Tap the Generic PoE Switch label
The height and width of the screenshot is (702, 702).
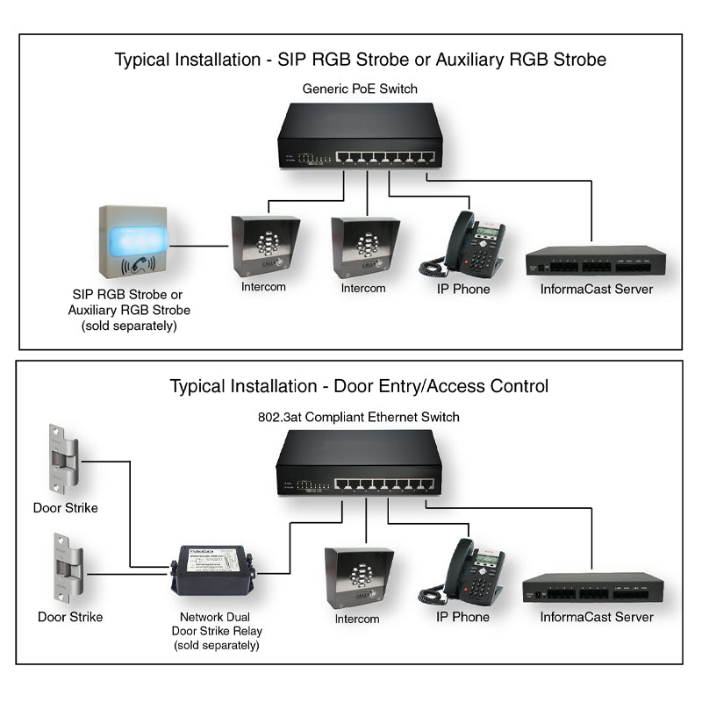pyautogui.click(x=360, y=89)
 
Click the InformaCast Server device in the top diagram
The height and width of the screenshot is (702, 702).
pyautogui.click(x=596, y=261)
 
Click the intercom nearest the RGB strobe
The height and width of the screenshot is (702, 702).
pyautogui.click(x=261, y=247)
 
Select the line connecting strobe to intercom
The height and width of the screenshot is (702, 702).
pyautogui.click(x=200, y=246)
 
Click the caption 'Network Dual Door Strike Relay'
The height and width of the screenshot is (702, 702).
pyautogui.click(x=221, y=624)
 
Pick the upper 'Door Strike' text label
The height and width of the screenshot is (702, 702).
pyautogui.click(x=65, y=508)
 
